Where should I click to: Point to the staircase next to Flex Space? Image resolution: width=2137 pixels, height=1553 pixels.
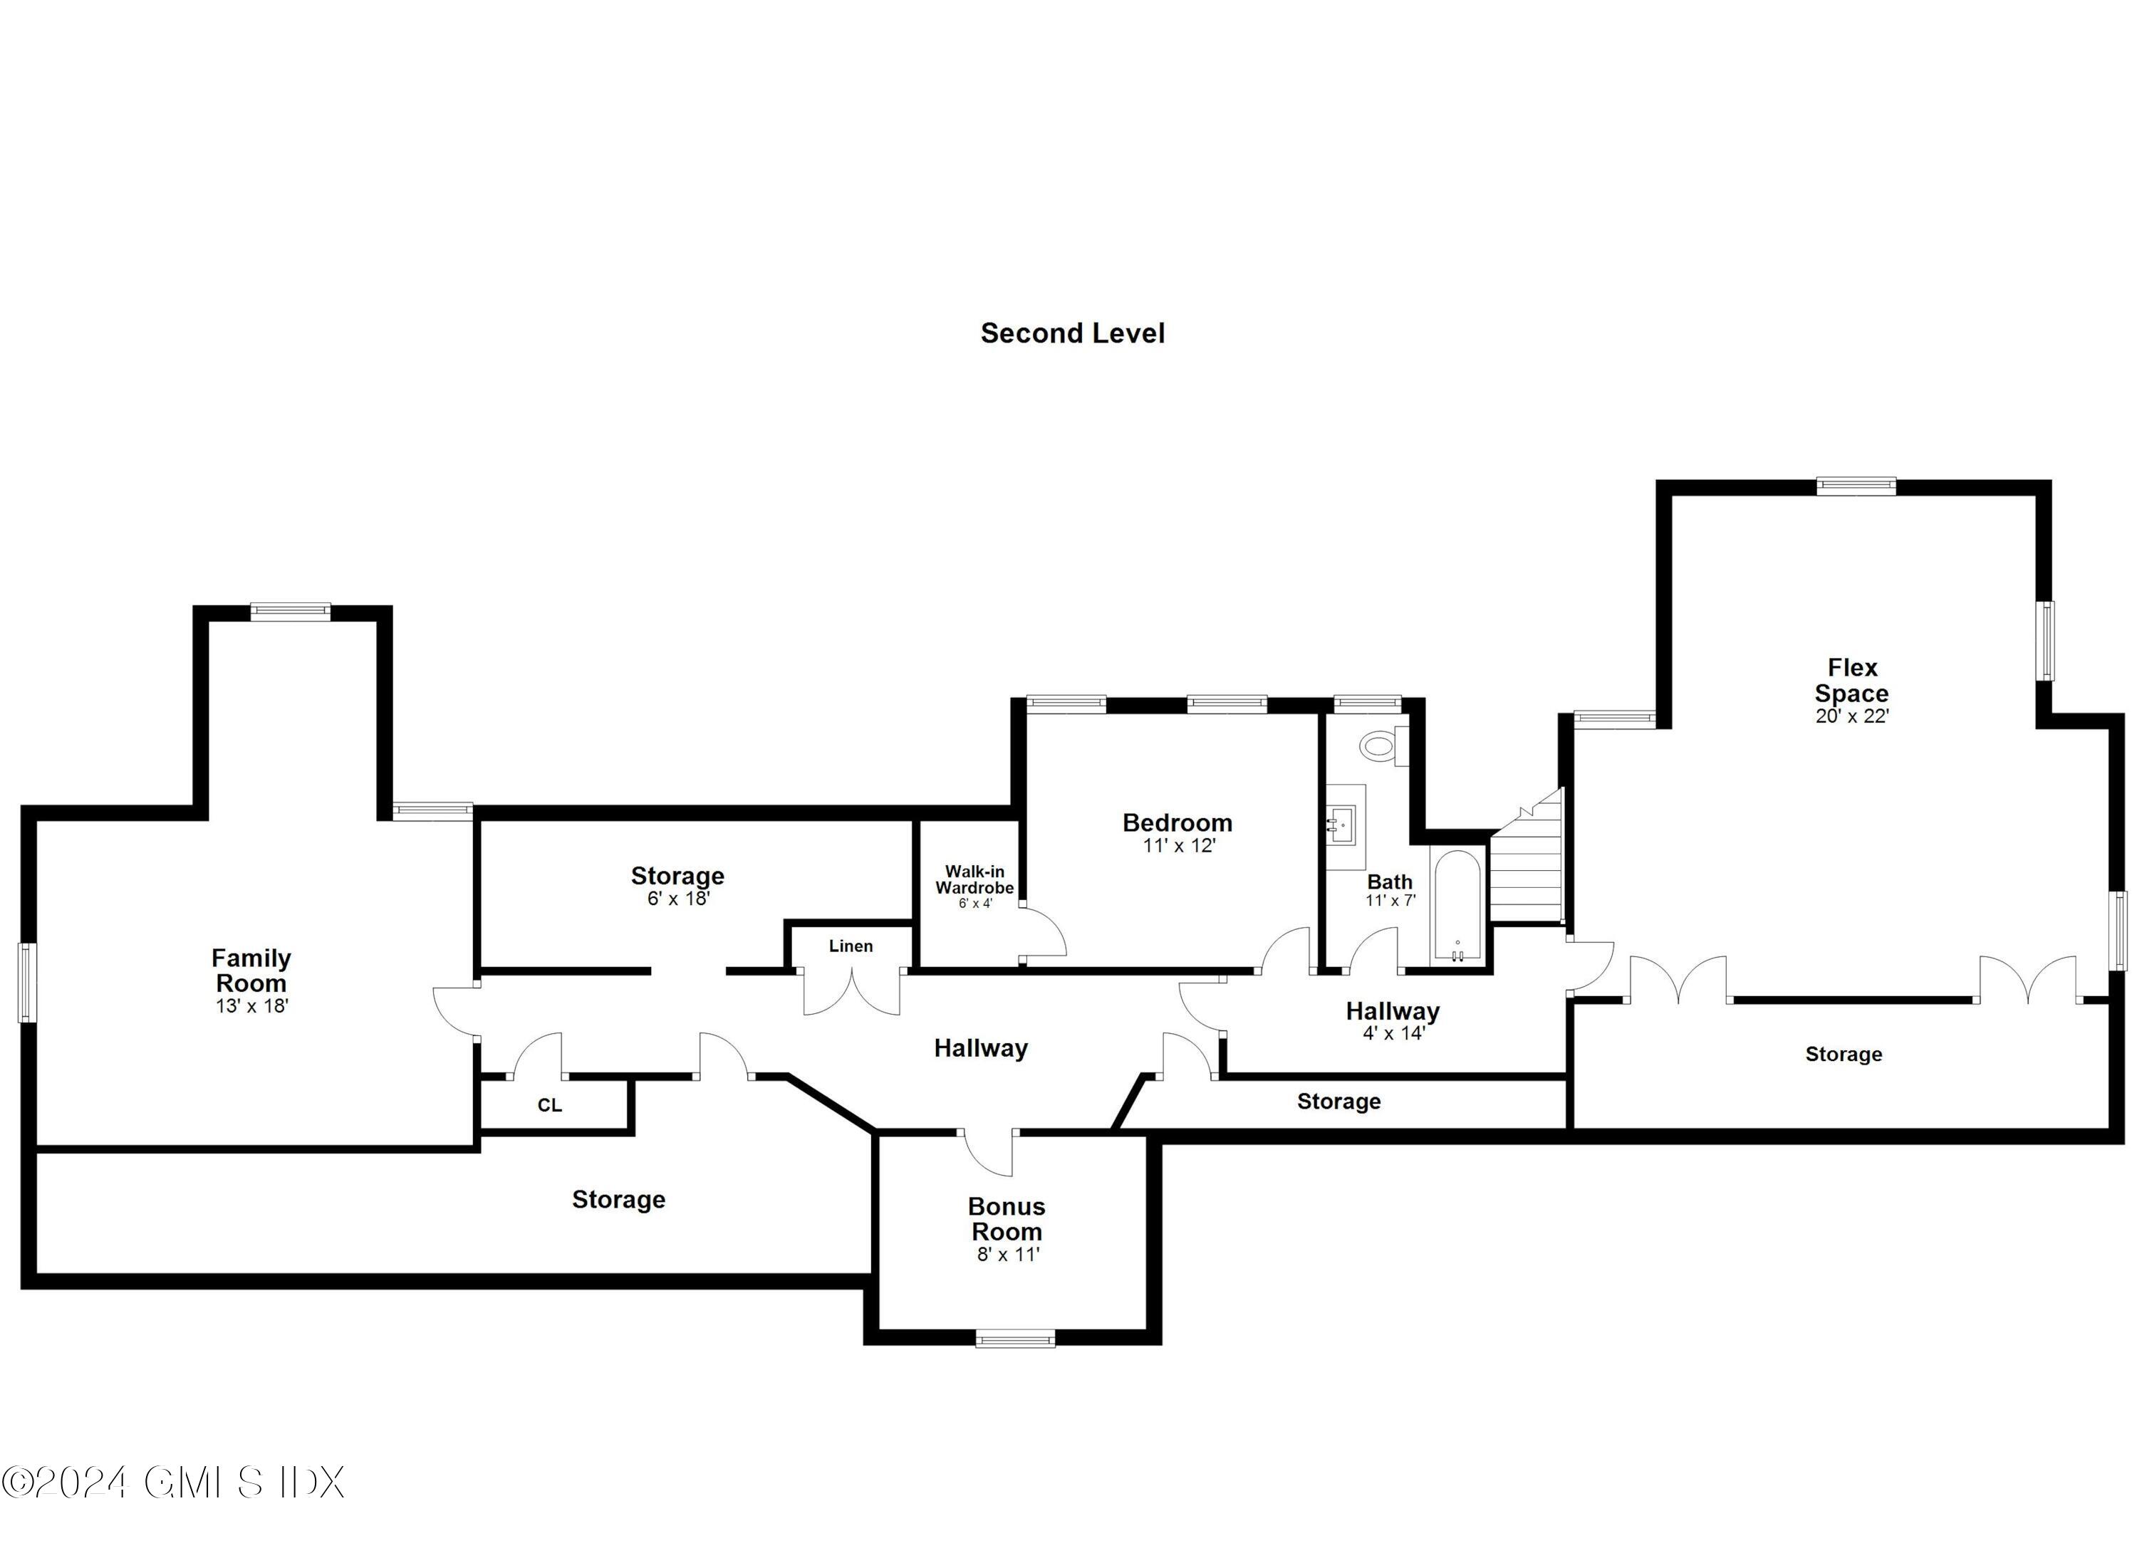[x=1527, y=859]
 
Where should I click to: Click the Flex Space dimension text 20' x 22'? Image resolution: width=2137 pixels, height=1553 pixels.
[x=1853, y=716]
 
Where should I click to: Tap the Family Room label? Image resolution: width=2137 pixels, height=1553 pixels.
[x=251, y=970]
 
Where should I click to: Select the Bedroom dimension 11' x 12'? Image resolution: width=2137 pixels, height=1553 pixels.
[x=1179, y=846]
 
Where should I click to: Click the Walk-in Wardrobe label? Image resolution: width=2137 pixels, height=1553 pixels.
[x=974, y=879]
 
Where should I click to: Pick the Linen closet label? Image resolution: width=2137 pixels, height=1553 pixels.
[x=851, y=946]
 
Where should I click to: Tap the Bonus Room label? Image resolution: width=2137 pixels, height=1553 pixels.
[x=1007, y=1218]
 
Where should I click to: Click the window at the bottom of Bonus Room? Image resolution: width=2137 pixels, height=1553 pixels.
[x=1015, y=1338]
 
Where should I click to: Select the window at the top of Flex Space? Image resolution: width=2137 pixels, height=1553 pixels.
[x=1856, y=486]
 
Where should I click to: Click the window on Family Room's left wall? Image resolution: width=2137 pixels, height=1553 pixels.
[x=27, y=982]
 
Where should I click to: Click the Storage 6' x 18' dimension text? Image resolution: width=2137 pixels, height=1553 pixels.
[x=677, y=899]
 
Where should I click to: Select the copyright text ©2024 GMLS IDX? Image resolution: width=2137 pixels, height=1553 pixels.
[x=173, y=1483]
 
